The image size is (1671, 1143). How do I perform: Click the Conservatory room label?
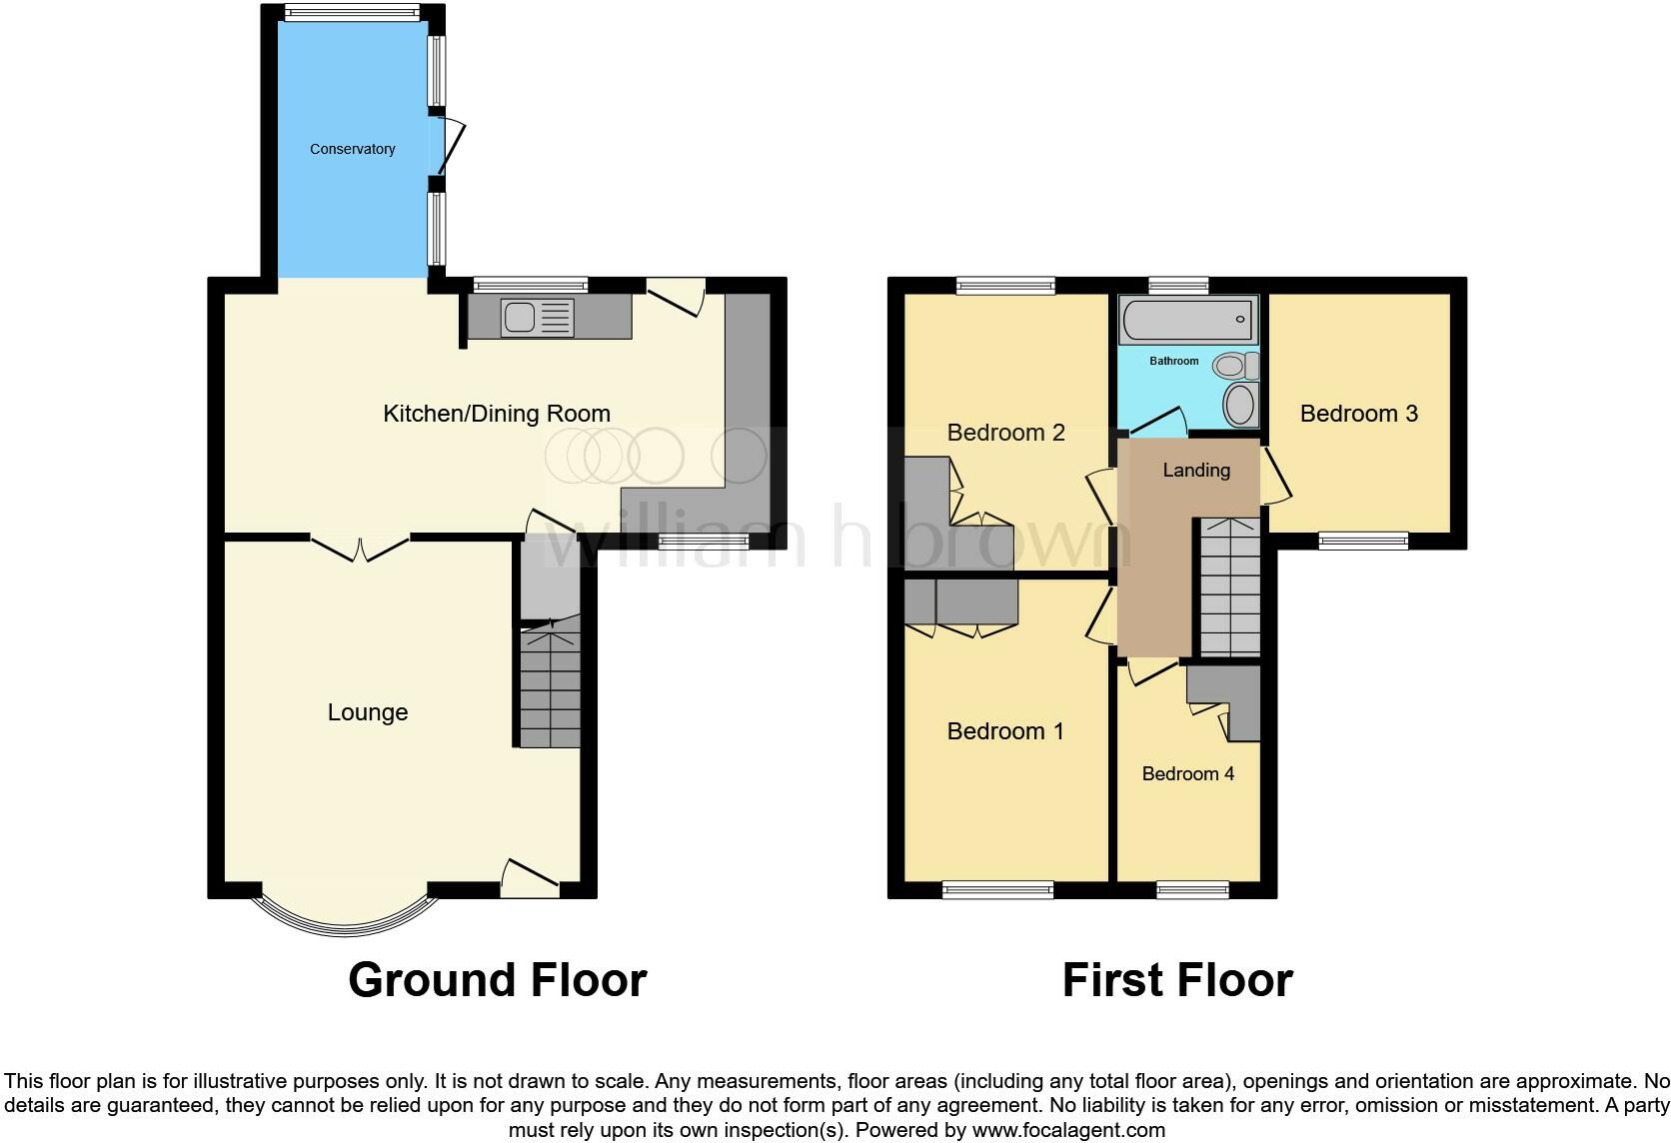point(352,149)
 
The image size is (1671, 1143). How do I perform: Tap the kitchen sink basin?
point(520,318)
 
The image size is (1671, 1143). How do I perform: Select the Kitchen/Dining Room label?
point(496,414)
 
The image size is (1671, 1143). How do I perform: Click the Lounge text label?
point(368,712)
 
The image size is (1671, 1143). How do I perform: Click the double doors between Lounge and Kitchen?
point(360,546)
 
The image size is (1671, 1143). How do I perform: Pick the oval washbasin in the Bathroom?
point(1240,407)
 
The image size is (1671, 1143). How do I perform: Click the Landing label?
point(1196,470)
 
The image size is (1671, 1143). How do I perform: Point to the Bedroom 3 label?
point(1358,414)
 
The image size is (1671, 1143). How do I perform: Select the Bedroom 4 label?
point(1187,773)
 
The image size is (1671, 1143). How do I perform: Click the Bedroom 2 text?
point(1005,433)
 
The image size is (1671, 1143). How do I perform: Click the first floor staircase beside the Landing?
point(1228,589)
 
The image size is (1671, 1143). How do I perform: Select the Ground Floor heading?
point(497,980)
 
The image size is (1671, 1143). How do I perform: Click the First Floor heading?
point(1176,980)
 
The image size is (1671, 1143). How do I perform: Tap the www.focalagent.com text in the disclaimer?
point(1068,1130)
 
